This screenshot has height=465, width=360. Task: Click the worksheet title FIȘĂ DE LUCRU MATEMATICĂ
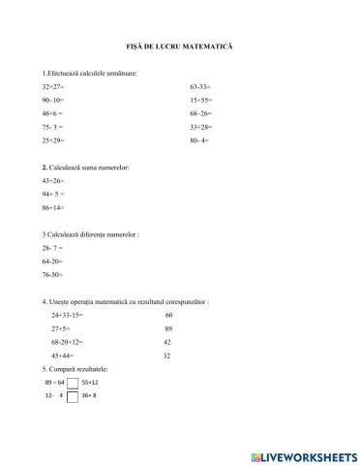pyautogui.click(x=180, y=46)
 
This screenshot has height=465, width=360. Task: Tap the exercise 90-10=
pyautogui.click(x=54, y=100)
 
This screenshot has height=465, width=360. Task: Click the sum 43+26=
pyautogui.click(x=54, y=180)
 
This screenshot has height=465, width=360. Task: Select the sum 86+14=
pyautogui.click(x=54, y=207)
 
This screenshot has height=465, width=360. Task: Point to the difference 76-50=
pyautogui.click(x=54, y=275)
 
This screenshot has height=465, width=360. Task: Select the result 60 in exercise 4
pyautogui.click(x=168, y=315)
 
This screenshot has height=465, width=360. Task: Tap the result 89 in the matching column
pyautogui.click(x=168, y=328)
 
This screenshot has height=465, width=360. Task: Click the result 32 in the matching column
pyautogui.click(x=167, y=356)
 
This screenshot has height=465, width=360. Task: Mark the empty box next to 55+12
pyautogui.click(x=73, y=383)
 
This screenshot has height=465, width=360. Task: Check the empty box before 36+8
pyautogui.click(x=73, y=396)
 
